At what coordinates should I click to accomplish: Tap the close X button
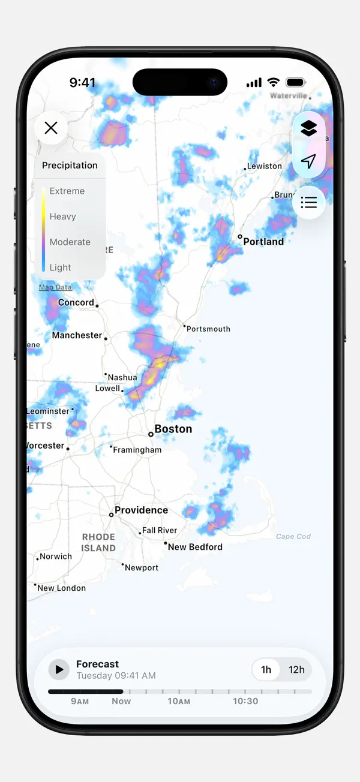pyautogui.click(x=51, y=128)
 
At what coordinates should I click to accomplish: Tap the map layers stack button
pyautogui.click(x=308, y=128)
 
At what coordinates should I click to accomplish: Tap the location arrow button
pyautogui.click(x=308, y=161)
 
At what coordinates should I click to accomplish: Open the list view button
pyautogui.click(x=308, y=203)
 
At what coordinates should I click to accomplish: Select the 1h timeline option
pyautogui.click(x=266, y=670)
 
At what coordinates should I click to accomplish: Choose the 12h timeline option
pyautogui.click(x=296, y=670)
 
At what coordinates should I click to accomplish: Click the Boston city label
pyautogui.click(x=173, y=429)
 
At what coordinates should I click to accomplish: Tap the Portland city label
pyautogui.click(x=263, y=242)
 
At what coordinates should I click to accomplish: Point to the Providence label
pyautogui.click(x=141, y=510)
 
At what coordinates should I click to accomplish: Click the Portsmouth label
pyautogui.click(x=208, y=329)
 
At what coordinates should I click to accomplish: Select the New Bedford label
pyautogui.click(x=195, y=547)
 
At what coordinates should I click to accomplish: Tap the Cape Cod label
pyautogui.click(x=293, y=537)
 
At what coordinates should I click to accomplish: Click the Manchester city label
pyautogui.click(x=77, y=336)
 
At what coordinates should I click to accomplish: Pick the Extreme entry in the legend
pyautogui.click(x=67, y=191)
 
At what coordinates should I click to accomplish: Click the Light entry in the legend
pyautogui.click(x=60, y=267)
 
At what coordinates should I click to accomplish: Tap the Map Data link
pyautogui.click(x=55, y=288)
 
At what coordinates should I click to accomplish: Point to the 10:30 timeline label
pyautogui.click(x=245, y=701)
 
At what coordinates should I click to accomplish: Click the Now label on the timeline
pyautogui.click(x=121, y=701)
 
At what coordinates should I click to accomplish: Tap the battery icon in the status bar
pyautogui.click(x=296, y=83)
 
